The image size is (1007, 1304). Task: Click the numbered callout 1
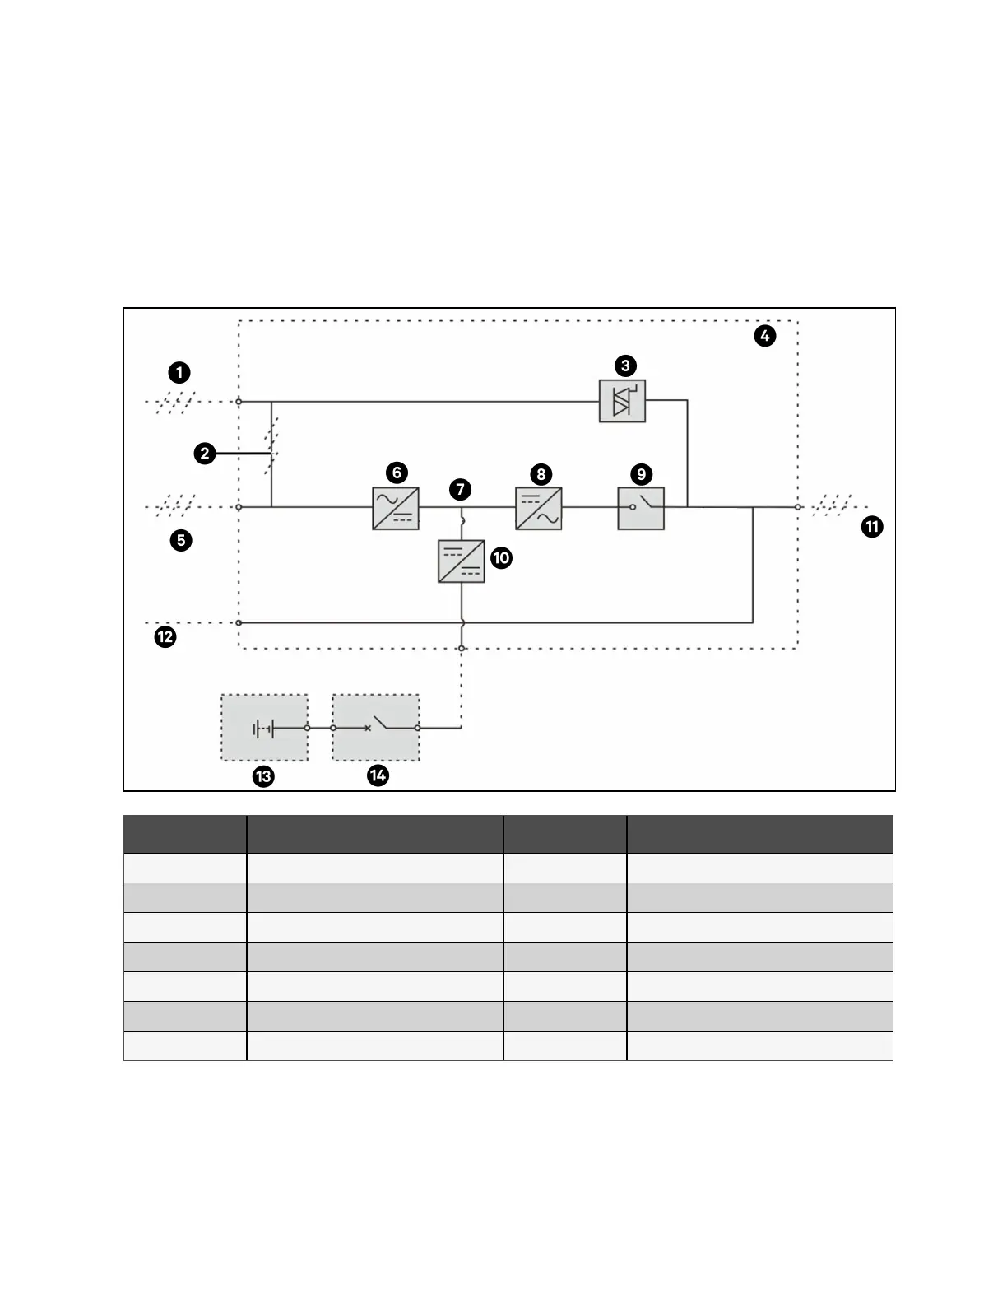click(179, 373)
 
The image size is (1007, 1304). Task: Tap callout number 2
click(205, 453)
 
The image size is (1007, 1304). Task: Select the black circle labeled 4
click(764, 335)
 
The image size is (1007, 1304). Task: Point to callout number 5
click(181, 541)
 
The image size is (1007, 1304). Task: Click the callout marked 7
click(460, 489)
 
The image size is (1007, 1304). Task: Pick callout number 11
click(872, 527)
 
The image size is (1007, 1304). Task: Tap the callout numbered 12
click(165, 636)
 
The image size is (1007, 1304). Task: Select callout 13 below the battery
click(263, 776)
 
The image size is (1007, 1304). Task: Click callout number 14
click(378, 775)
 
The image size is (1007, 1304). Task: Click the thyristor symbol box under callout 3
click(622, 401)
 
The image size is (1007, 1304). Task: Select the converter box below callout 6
click(396, 508)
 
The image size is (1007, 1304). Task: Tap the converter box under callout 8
click(539, 508)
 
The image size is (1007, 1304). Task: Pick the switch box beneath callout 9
click(641, 508)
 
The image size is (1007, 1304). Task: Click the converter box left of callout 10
click(462, 561)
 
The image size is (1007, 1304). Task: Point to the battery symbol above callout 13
click(264, 728)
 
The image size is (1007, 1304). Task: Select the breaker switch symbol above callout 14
click(376, 727)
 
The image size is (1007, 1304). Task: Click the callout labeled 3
click(625, 366)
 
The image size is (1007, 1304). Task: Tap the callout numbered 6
click(397, 473)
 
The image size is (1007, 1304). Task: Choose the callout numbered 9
click(641, 474)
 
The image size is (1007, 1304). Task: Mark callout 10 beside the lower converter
click(501, 558)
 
